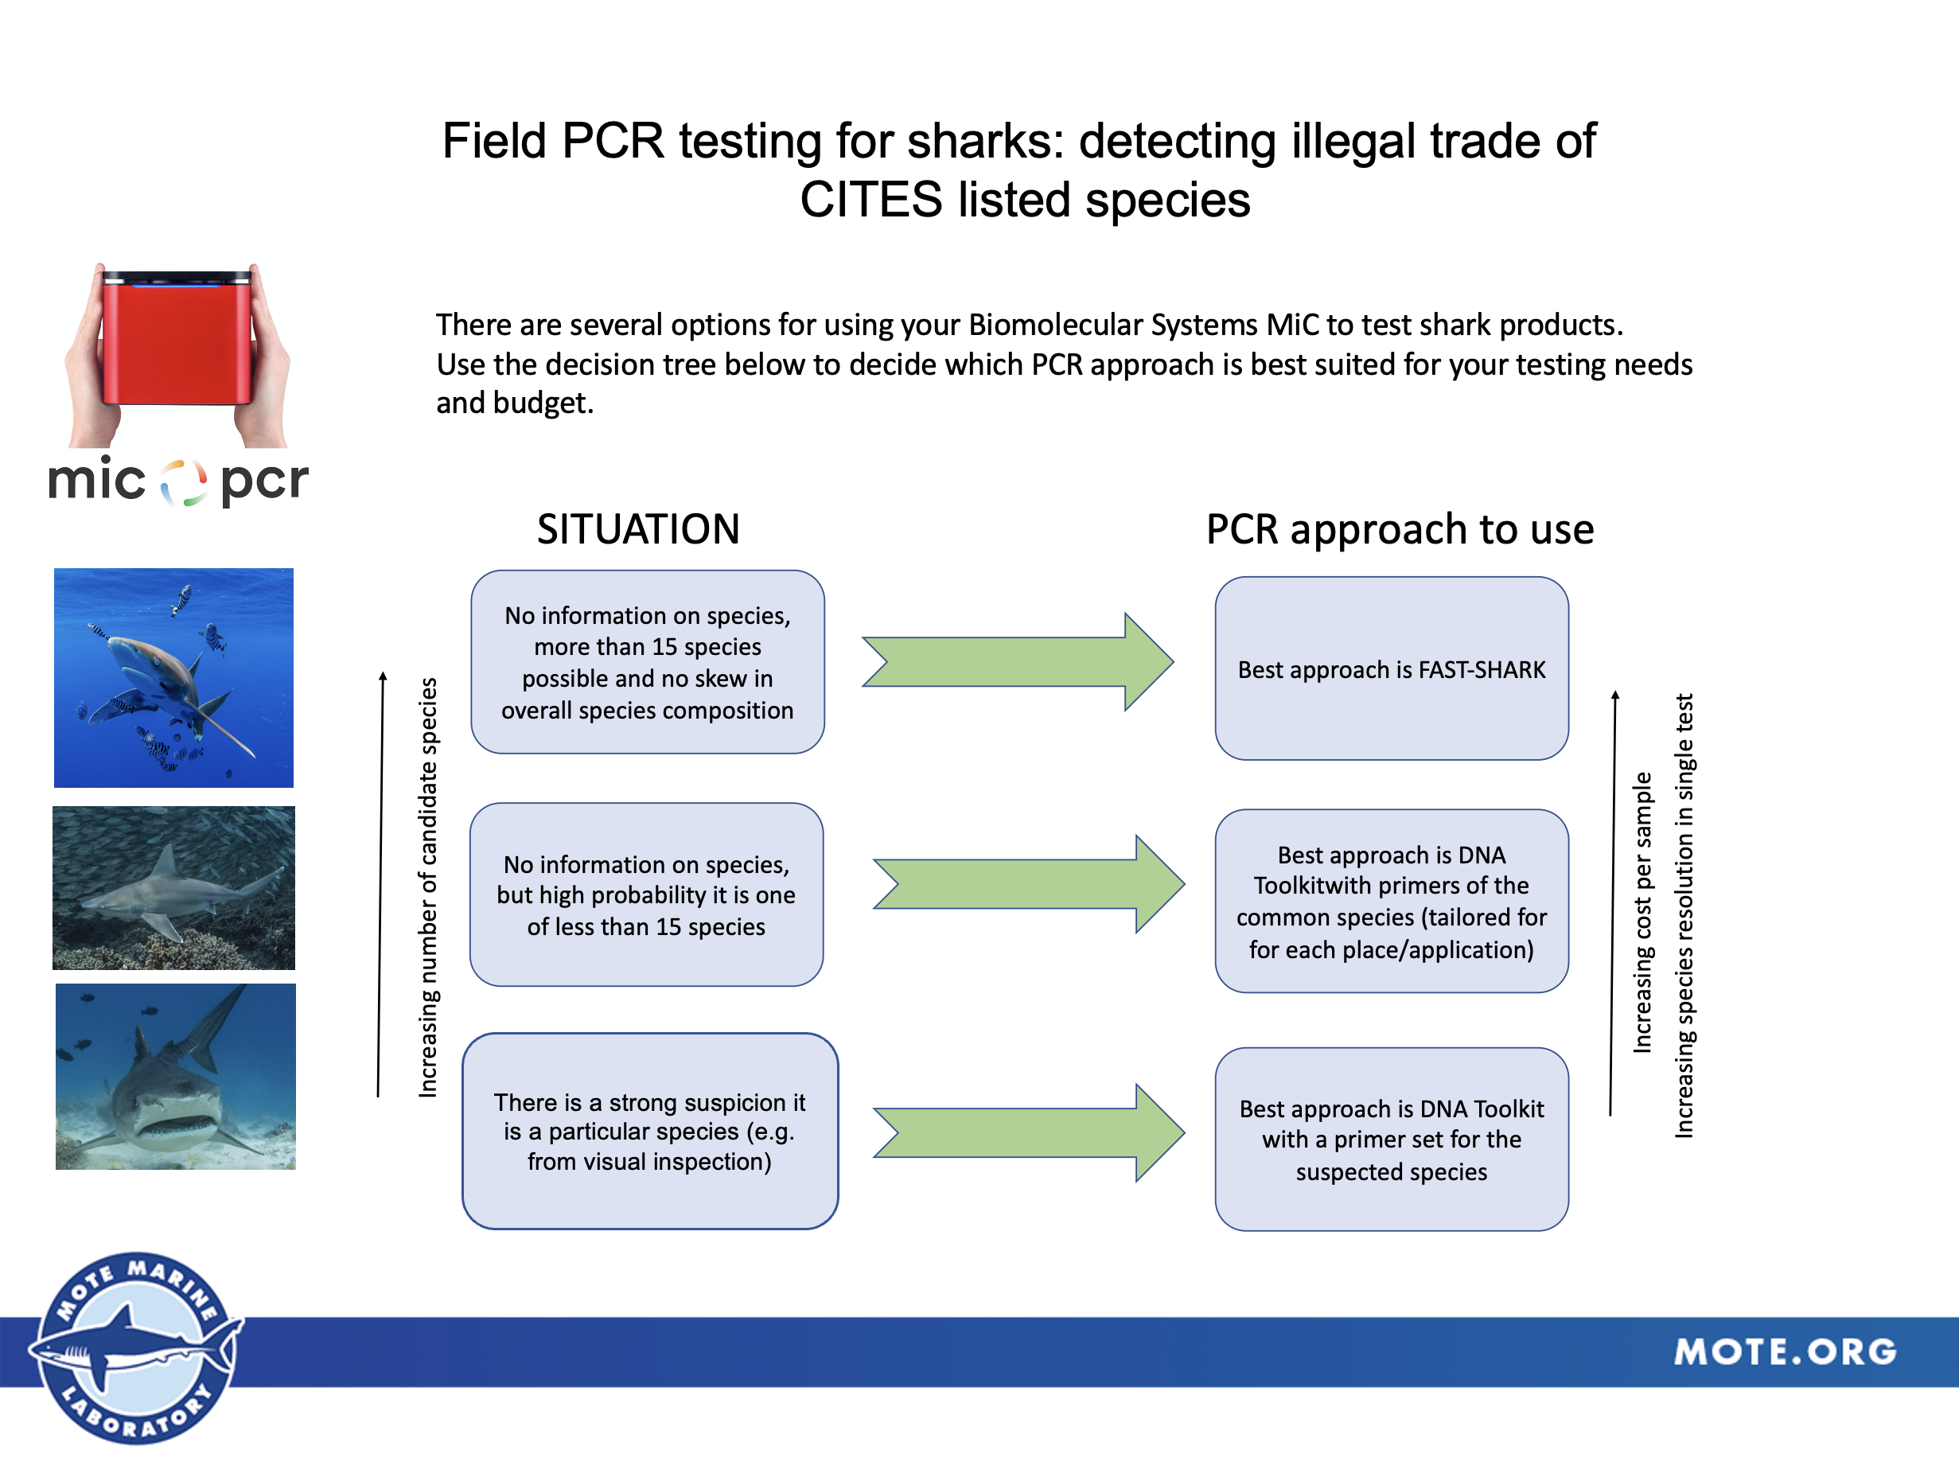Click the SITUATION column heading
pos(637,528)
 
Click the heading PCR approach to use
pos(1400,528)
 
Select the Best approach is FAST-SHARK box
pos(1392,668)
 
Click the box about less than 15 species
pos(647,894)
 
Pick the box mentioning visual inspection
pos(649,1131)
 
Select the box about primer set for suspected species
pos(1392,1139)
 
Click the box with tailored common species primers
pos(1392,901)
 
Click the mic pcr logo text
pos(177,481)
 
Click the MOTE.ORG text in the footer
pos(1784,1351)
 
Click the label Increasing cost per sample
pos(1642,912)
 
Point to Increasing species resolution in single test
pos(1684,914)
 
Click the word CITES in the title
pos(870,199)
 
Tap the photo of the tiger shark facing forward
pos(175,1076)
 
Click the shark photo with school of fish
pos(173,887)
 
